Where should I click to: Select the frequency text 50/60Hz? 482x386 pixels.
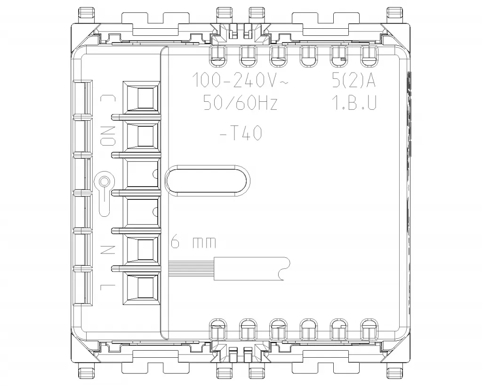click(240, 103)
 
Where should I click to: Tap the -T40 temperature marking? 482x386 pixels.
click(241, 134)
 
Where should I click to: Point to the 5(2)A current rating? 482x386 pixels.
click(353, 82)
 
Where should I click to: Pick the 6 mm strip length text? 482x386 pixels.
click(193, 243)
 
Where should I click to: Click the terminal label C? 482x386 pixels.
click(108, 99)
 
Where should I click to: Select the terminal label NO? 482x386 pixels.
click(108, 136)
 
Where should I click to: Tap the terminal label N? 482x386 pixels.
click(108, 248)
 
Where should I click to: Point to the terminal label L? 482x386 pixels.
click(108, 286)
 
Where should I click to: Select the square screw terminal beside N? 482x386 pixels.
click(142, 249)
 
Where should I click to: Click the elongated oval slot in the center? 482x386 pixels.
click(207, 180)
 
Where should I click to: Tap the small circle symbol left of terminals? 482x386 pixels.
click(104, 181)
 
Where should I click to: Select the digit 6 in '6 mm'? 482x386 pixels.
click(175, 243)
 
